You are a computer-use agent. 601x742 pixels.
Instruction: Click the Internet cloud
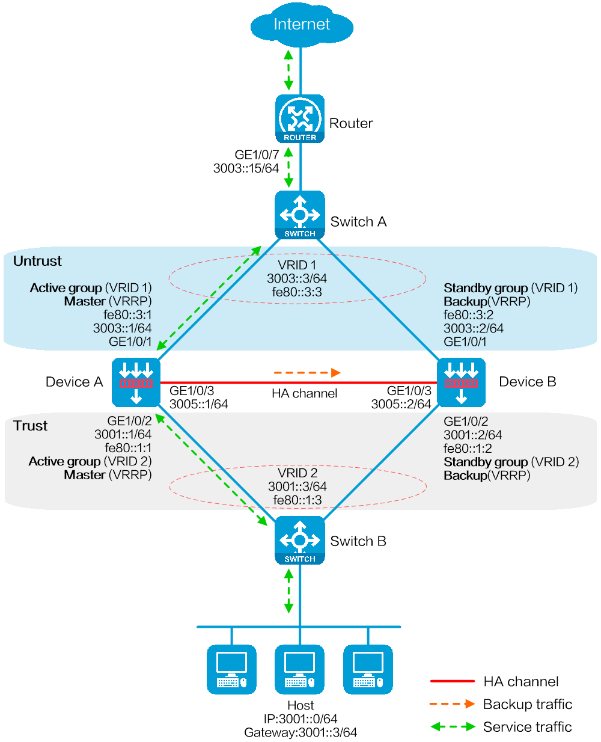pyautogui.click(x=301, y=25)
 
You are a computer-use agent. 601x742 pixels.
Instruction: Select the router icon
pyautogui.click(x=300, y=118)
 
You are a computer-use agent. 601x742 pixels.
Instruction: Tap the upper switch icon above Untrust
pyautogui.click(x=300, y=215)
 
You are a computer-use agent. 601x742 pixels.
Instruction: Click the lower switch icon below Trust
pyautogui.click(x=300, y=540)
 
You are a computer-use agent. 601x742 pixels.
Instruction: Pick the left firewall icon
pyautogui.click(x=136, y=382)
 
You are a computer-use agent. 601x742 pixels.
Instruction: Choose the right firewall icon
pyautogui.click(x=461, y=382)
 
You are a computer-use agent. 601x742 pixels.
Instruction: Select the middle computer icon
pyautogui.click(x=300, y=669)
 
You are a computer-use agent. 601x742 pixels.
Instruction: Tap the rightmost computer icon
pyautogui.click(x=368, y=669)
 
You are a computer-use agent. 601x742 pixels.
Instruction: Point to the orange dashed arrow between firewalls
pyautogui.click(x=307, y=373)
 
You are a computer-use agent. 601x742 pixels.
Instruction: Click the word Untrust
pyautogui.click(x=37, y=261)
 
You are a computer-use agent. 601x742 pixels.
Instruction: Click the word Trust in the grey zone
pyautogui.click(x=31, y=426)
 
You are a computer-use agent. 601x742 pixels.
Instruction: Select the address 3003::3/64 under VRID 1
pyautogui.click(x=297, y=278)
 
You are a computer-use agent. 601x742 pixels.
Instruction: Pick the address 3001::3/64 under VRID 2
pyautogui.click(x=297, y=486)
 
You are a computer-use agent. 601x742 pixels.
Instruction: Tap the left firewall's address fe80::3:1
pyautogui.click(x=127, y=314)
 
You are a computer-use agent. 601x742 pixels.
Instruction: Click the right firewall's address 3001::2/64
pyautogui.click(x=473, y=435)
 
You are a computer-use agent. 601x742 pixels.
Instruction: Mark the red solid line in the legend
pyautogui.click(x=453, y=681)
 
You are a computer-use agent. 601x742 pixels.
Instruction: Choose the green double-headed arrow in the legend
pyautogui.click(x=453, y=726)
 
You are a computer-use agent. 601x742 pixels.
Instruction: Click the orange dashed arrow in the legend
pyautogui.click(x=453, y=704)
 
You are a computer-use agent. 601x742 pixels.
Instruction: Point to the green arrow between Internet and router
pyautogui.click(x=289, y=70)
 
